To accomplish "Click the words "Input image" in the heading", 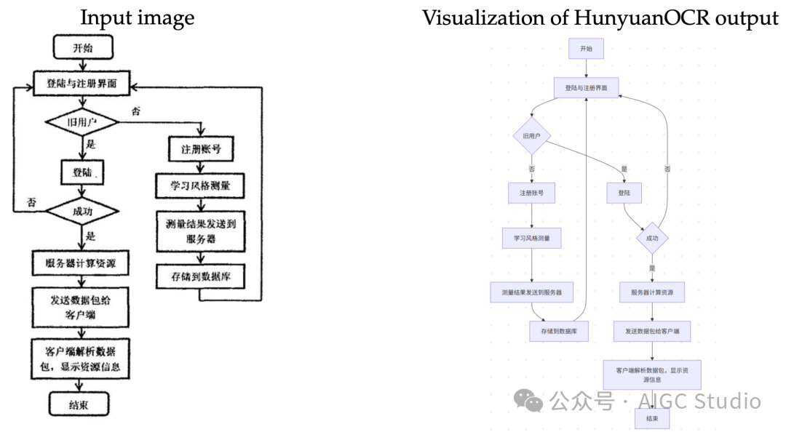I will click(x=137, y=17).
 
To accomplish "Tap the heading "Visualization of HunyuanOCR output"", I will click(x=600, y=17).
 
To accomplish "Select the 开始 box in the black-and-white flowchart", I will click(x=82, y=49).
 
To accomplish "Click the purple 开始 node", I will click(x=586, y=49).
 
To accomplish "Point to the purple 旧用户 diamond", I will click(x=531, y=135).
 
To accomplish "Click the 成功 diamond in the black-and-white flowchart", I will click(x=82, y=212).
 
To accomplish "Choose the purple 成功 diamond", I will click(x=651, y=238).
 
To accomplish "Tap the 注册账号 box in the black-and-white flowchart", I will click(x=196, y=151).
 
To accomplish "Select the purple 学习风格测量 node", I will click(x=531, y=238).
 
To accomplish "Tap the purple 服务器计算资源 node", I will click(x=651, y=292).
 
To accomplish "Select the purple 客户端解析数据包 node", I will click(x=651, y=374).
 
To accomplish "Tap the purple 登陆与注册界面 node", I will click(x=586, y=88).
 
